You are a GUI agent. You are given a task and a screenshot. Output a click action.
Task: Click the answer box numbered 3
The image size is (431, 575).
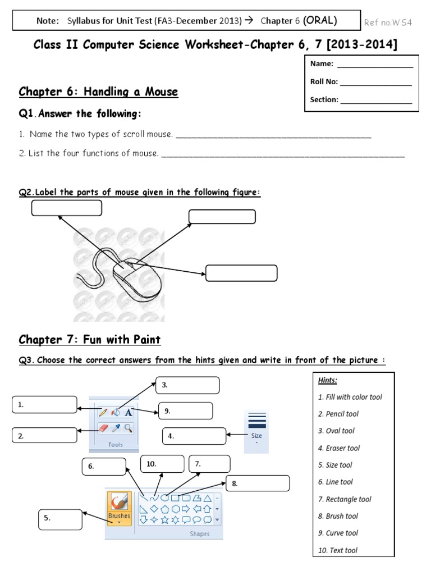(187, 385)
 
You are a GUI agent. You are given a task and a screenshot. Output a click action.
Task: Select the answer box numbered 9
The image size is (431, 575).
(185, 411)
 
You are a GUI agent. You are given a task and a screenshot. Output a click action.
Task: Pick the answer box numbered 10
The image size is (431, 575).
(162, 464)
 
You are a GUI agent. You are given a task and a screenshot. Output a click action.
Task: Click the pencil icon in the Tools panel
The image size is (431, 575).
(103, 412)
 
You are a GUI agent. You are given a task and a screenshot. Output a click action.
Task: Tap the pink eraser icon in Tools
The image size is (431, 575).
(103, 428)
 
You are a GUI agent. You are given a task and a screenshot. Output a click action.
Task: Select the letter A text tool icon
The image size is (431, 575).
(129, 412)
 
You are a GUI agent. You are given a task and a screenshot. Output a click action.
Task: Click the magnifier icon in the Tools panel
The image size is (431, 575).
(129, 428)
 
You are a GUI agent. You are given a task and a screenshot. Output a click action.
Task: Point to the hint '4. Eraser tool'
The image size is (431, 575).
(339, 448)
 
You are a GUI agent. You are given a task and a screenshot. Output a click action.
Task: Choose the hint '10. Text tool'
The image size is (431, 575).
(338, 550)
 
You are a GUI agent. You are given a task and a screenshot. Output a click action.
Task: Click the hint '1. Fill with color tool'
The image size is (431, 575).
(350, 397)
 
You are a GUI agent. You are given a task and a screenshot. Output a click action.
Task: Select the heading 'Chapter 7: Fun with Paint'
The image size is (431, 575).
(90, 340)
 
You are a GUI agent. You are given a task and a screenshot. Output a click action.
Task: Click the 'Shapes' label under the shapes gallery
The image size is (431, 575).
(199, 534)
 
